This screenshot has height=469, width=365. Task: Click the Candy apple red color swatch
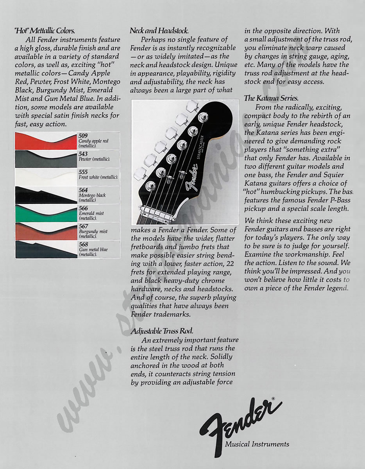pos(46,141)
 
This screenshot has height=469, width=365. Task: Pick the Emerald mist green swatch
pos(46,213)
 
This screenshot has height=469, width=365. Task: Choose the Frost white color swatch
pos(46,177)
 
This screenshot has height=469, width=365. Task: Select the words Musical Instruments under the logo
pos(257,444)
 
